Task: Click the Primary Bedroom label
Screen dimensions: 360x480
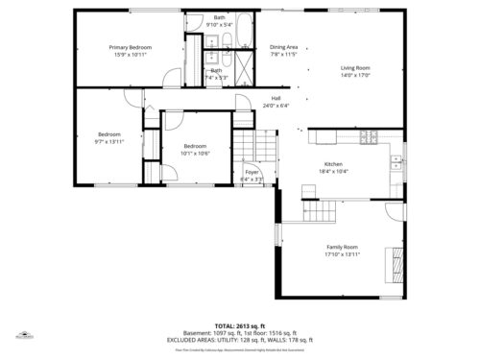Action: click(131, 47)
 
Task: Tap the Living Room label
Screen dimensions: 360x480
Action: click(355, 68)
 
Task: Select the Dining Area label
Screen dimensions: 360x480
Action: click(283, 47)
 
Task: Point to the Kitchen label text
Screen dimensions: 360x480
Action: click(332, 163)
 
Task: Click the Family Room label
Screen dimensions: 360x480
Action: click(341, 248)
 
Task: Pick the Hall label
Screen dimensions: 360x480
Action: click(276, 98)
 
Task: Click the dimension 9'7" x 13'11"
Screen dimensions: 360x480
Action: click(108, 141)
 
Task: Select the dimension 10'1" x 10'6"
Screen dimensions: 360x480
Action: click(195, 153)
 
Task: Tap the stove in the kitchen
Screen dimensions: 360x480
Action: click(369, 137)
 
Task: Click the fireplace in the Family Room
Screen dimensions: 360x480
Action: click(393, 261)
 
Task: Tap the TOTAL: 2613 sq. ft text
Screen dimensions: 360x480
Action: click(240, 326)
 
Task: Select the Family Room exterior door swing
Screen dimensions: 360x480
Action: click(395, 212)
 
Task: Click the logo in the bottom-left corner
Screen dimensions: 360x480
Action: click(20, 337)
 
